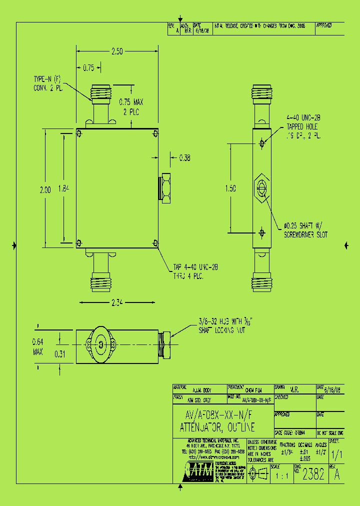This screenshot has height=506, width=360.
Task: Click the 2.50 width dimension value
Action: click(x=116, y=51)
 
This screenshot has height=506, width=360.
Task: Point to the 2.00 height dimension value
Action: click(x=45, y=189)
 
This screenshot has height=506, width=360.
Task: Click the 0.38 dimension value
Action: click(x=184, y=158)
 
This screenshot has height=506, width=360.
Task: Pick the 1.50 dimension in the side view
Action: click(x=230, y=188)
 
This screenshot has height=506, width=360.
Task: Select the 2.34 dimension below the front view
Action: click(x=117, y=301)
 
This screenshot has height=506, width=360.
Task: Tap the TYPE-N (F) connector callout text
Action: click(x=47, y=83)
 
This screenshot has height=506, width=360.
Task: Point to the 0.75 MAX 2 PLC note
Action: click(x=131, y=107)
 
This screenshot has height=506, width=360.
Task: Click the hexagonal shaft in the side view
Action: click(x=261, y=188)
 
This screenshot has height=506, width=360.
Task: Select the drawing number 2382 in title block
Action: click(x=313, y=474)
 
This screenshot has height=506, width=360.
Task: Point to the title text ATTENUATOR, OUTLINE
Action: click(x=217, y=427)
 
